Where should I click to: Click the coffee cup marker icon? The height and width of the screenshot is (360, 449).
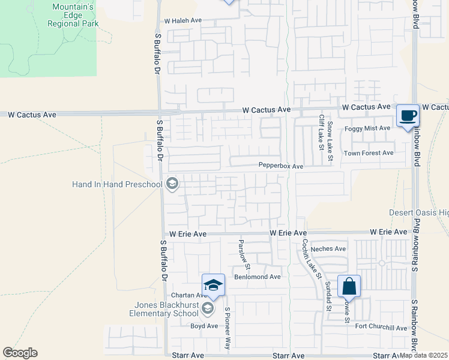coord(408,115)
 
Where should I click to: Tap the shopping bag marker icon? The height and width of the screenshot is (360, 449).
coord(349,286)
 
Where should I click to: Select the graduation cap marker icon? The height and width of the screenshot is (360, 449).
coord(213,284)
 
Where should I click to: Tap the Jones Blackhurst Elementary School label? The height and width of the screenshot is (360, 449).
coord(166,308)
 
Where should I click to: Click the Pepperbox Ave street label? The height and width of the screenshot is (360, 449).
coord(281,165)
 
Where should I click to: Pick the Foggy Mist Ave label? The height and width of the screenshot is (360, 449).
coord(367,128)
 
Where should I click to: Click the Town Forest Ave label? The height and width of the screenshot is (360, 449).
coord(368,153)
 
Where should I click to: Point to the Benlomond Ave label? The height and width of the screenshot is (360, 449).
coord(258,277)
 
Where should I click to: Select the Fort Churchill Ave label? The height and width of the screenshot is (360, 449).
coord(381,328)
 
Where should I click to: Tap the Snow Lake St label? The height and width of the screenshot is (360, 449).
coord(330,143)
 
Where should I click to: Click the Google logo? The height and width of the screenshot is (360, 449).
coord(20,353)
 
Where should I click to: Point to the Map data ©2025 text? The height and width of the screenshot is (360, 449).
coord(423,355)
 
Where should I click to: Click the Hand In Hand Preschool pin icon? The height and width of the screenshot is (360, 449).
coord(172,184)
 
